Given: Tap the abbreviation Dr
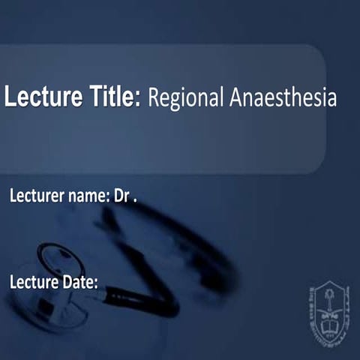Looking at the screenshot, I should tap(121, 197).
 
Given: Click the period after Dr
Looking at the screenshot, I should tap(136, 201).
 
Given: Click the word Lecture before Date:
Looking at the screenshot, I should tap(33, 283).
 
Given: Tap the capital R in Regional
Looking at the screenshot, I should tap(154, 98).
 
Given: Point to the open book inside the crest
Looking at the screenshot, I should tap(328, 323).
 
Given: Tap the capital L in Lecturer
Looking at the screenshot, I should tap(13, 197).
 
